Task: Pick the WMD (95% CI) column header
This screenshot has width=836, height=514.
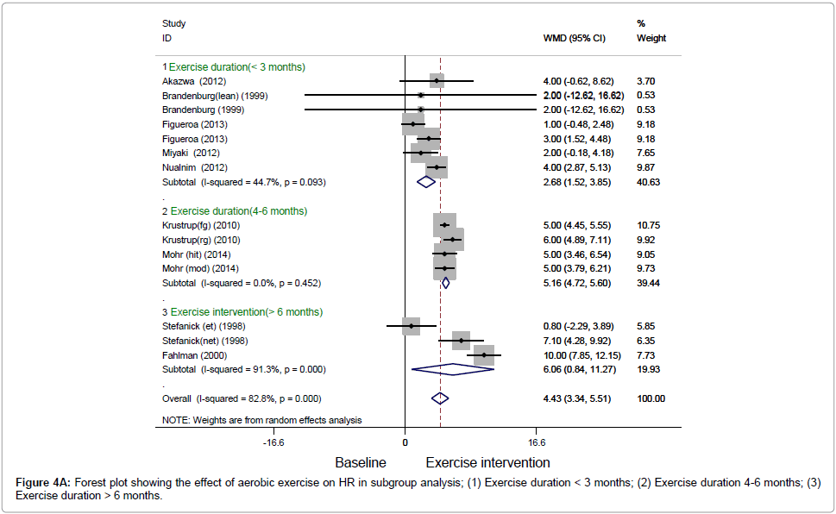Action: click(x=574, y=39)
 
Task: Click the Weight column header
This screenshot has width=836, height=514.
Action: click(x=651, y=39)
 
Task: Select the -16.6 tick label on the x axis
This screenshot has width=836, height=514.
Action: click(x=273, y=442)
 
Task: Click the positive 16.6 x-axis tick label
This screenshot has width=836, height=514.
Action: click(x=536, y=442)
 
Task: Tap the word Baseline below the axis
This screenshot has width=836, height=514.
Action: click(x=360, y=462)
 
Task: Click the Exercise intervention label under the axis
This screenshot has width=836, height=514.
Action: click(x=487, y=462)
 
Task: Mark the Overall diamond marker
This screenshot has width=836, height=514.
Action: click(x=440, y=398)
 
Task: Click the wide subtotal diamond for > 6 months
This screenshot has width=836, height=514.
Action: click(x=453, y=369)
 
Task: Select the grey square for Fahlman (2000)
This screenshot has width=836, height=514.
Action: click(x=484, y=355)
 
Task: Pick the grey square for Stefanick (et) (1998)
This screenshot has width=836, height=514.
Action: click(x=412, y=326)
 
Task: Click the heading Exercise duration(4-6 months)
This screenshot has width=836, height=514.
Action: click(x=238, y=210)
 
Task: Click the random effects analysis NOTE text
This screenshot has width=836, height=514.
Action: click(x=261, y=420)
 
